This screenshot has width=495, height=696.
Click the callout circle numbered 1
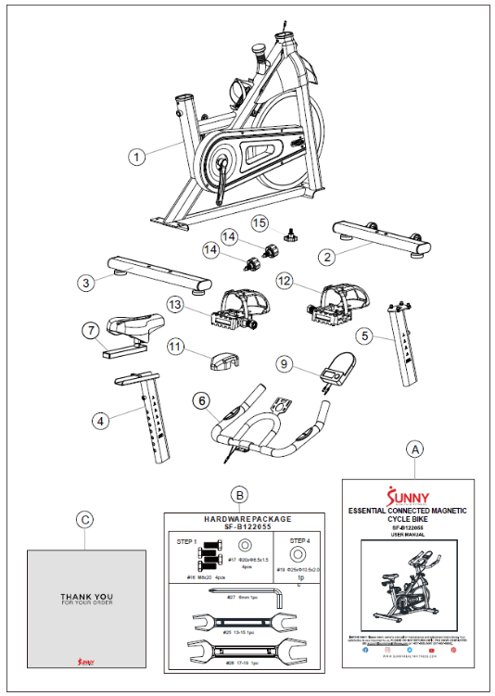[x=138, y=158]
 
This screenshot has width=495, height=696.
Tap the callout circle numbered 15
[x=260, y=223]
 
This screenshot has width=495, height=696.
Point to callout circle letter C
[x=84, y=520]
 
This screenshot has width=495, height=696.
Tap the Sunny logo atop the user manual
[x=407, y=493]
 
